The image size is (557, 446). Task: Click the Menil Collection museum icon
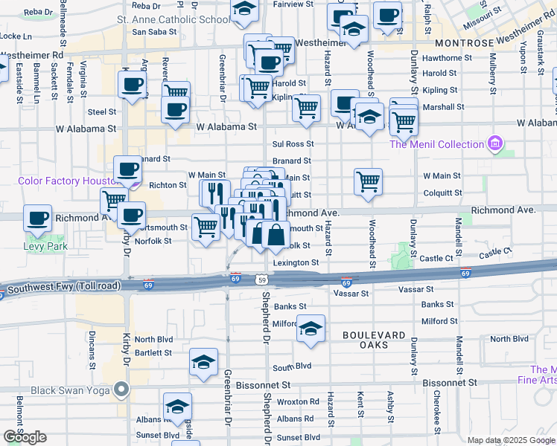[x=494, y=143]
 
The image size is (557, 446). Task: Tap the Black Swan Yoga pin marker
[x=120, y=389]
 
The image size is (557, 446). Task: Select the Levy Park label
[x=44, y=245]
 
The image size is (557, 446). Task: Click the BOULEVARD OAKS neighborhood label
[x=375, y=335]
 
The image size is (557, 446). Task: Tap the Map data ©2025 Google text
[x=511, y=440]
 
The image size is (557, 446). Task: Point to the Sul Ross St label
[x=293, y=143]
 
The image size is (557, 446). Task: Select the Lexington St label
[x=296, y=262]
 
